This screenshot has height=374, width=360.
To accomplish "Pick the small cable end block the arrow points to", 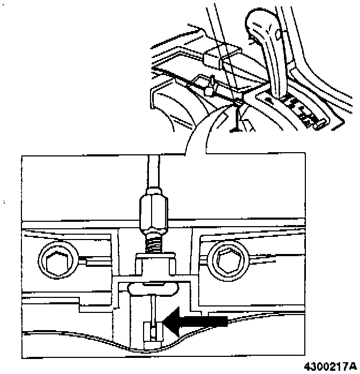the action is [153, 332].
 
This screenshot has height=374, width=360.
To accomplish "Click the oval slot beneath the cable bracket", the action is [152, 289].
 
